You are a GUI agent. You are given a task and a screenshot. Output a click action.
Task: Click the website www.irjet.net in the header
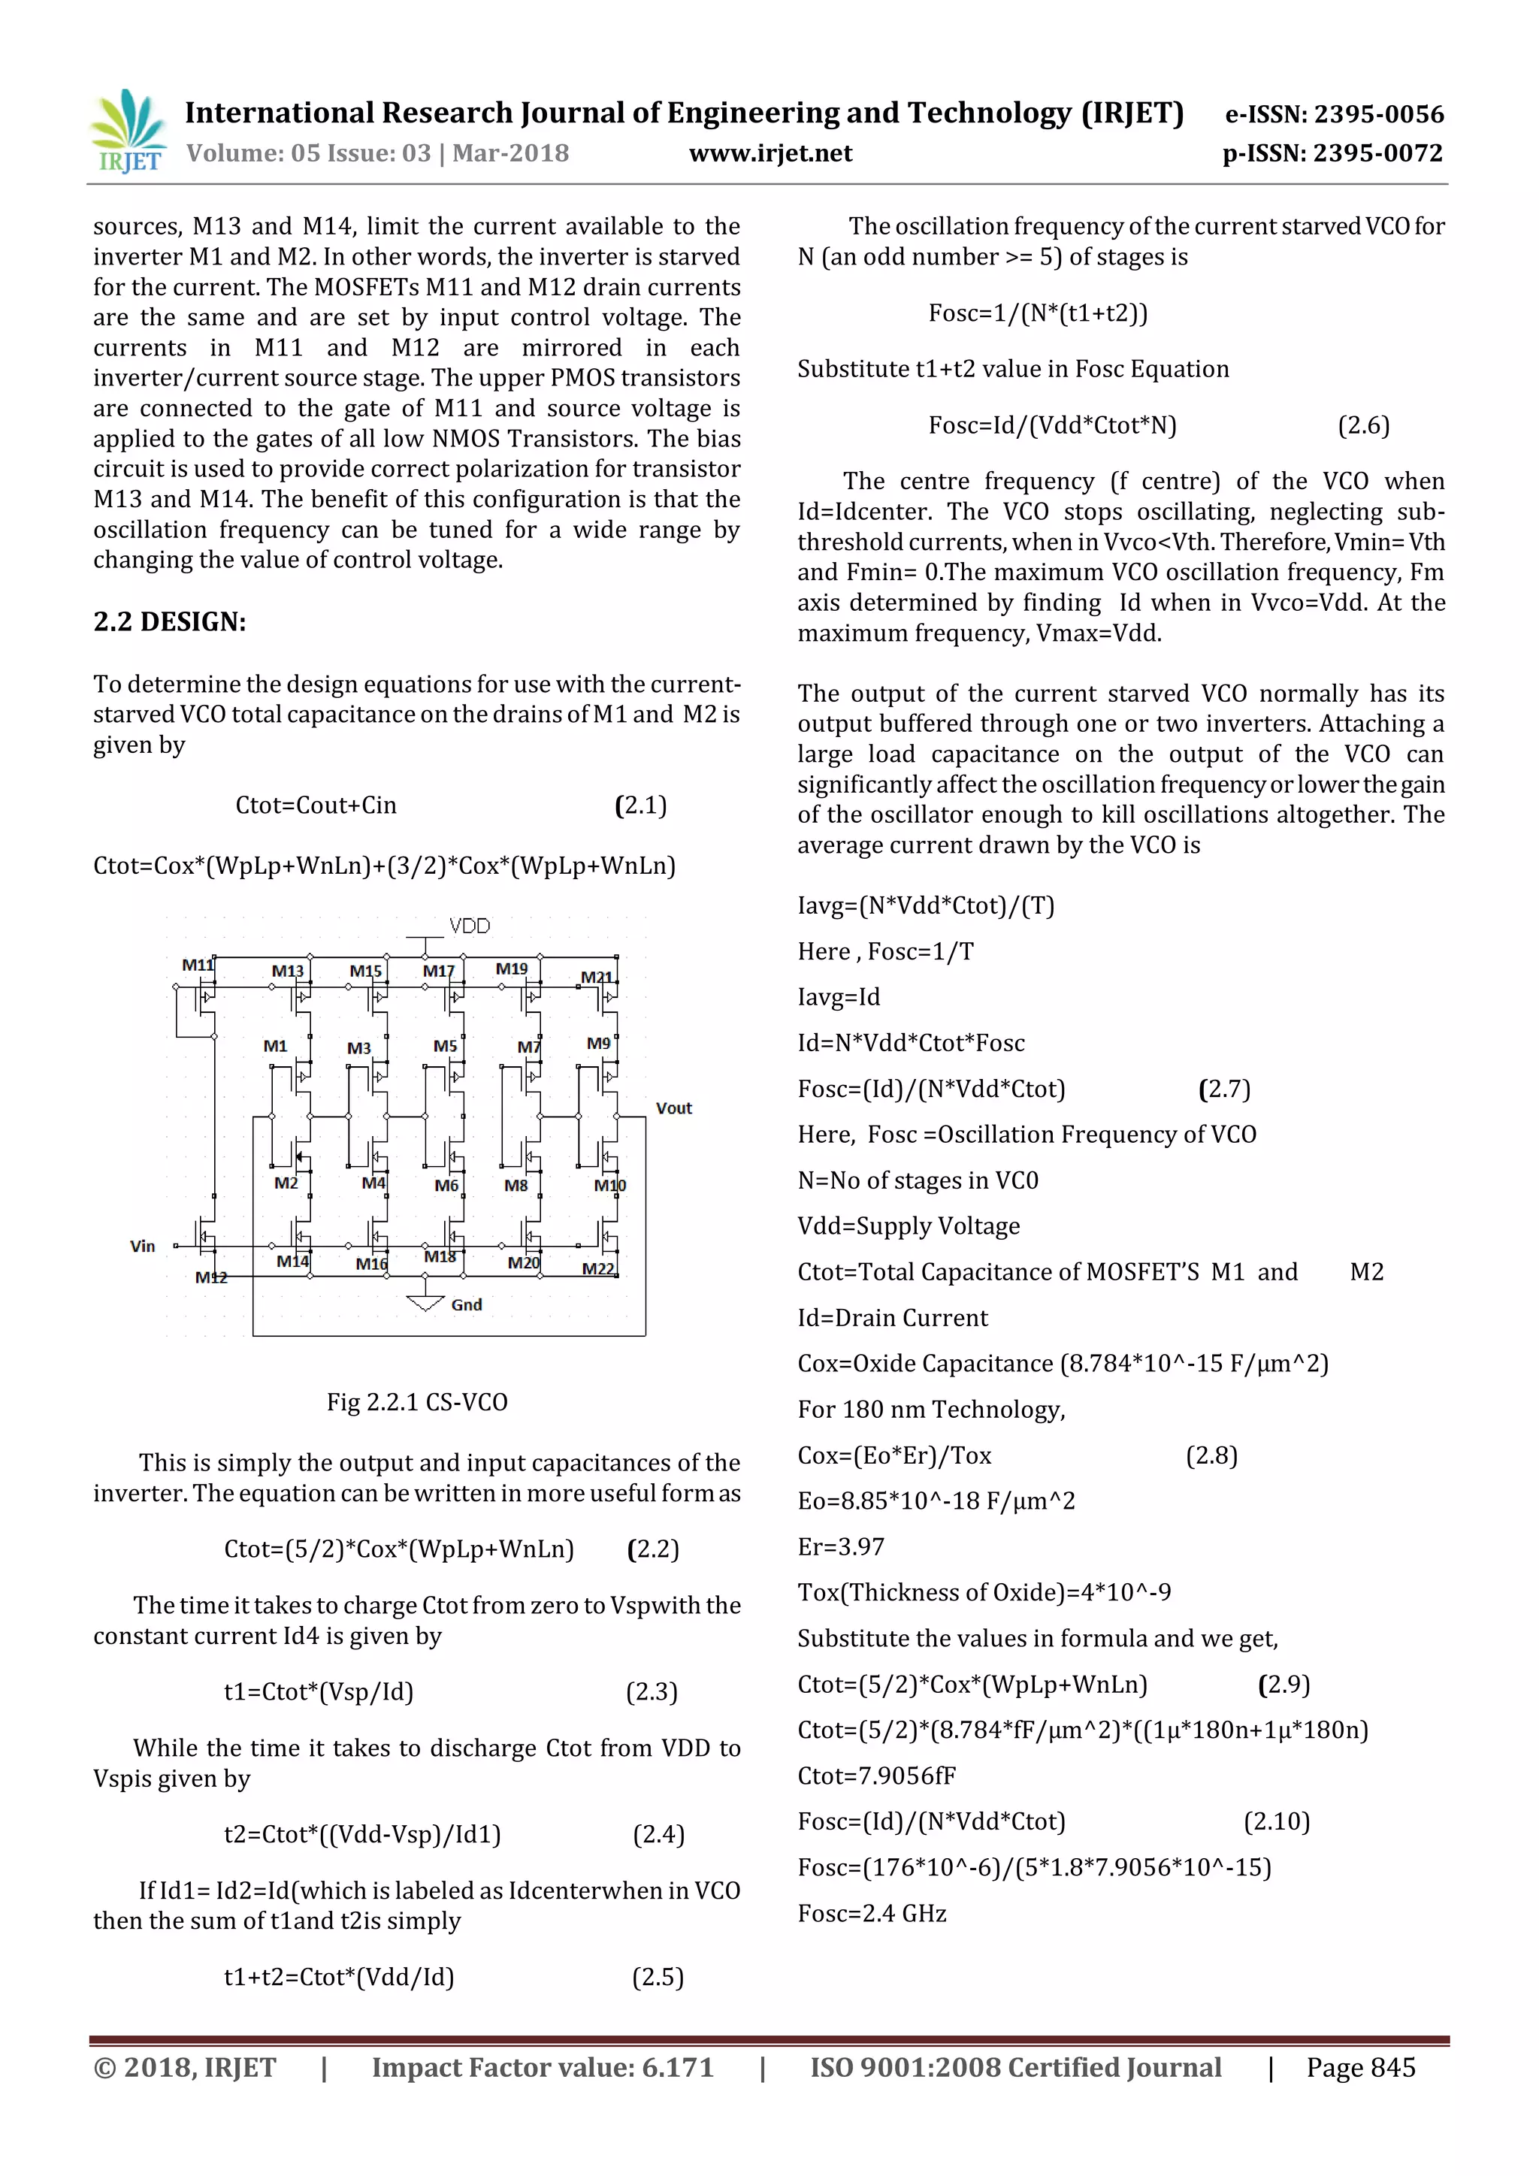coord(769,153)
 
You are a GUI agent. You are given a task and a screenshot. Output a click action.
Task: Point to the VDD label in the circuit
coord(469,926)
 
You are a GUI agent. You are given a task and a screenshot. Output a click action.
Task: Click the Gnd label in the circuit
coord(466,1305)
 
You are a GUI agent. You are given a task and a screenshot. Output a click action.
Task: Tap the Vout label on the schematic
coord(674,1108)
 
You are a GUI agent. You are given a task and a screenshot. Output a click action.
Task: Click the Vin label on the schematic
coord(142,1247)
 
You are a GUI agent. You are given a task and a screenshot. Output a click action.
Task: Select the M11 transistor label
coord(197,965)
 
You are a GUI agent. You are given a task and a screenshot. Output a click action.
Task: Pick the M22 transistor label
coord(598,1269)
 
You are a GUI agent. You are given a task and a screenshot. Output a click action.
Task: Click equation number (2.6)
coord(1362,425)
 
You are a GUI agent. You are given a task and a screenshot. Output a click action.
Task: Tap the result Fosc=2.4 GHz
coord(872,1914)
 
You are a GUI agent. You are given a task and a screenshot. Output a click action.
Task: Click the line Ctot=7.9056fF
coord(877,1776)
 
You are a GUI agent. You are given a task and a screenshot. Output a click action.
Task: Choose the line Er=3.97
coord(841,1546)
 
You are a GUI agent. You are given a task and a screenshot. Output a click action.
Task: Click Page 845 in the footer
coord(1360,2068)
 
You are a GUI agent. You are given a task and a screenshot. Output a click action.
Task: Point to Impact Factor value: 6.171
coord(542,2068)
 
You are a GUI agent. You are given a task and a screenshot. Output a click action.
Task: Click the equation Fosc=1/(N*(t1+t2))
coord(1038,313)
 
